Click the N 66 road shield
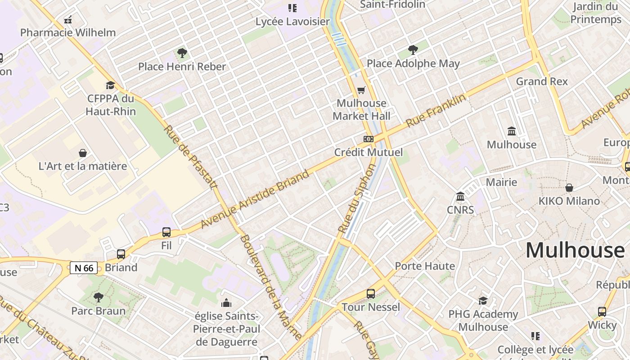point(84,268)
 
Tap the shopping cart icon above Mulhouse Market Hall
point(361,90)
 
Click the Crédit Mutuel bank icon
point(369,139)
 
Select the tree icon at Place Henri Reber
point(182,54)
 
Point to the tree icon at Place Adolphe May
point(413,50)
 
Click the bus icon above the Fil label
point(166,232)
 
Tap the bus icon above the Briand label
point(121,254)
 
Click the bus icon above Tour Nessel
point(371,294)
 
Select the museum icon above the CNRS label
point(460,197)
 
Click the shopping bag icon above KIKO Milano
point(569,188)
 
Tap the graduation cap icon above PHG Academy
point(483,301)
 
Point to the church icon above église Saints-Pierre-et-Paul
point(226,303)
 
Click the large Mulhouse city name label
point(575,250)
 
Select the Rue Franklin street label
point(436,110)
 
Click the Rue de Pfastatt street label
point(190,157)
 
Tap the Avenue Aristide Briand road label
point(255,199)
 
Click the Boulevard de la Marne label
point(271,287)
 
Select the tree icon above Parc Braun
point(98,297)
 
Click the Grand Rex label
point(542,81)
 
